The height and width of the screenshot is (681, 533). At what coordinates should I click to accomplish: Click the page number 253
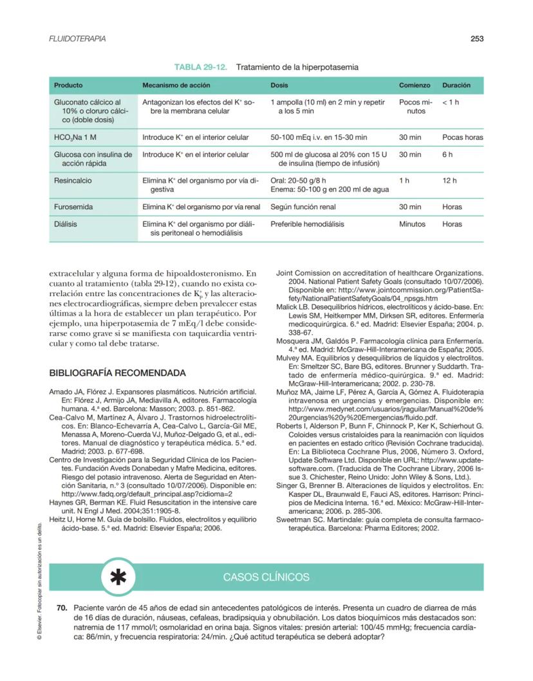click(x=476, y=39)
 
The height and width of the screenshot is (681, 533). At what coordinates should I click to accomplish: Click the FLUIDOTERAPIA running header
click(x=78, y=39)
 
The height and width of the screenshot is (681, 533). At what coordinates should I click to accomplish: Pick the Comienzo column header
click(x=414, y=85)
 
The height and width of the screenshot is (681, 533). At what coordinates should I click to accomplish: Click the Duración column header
click(x=456, y=85)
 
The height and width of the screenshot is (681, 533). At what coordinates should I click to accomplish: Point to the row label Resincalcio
click(x=73, y=181)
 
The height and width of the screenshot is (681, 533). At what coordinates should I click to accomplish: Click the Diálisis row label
click(x=66, y=225)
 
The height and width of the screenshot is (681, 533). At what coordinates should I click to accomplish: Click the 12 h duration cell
click(x=449, y=181)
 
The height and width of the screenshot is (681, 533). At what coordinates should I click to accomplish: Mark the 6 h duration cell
click(x=447, y=154)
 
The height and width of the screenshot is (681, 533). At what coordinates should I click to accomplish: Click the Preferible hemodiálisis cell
click(x=307, y=225)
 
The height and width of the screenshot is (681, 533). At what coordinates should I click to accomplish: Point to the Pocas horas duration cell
click(x=462, y=137)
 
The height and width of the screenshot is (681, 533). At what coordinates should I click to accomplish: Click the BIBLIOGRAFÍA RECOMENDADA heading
click(x=118, y=373)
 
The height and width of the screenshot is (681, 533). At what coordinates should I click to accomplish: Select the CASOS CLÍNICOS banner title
click(x=266, y=577)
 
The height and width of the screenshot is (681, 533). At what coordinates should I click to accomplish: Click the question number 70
click(x=62, y=608)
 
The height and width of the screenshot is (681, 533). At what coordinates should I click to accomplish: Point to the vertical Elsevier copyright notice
click(x=39, y=579)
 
